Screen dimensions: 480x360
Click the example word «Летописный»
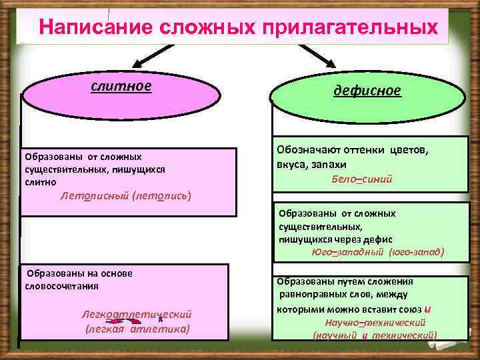(94, 196)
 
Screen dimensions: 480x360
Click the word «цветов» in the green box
(407, 150)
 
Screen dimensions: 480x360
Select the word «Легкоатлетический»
(137, 314)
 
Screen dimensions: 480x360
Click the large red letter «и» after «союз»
(427, 307)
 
